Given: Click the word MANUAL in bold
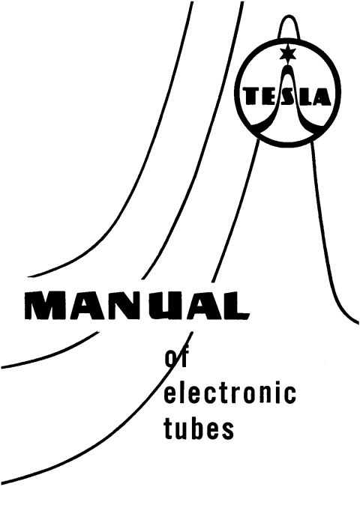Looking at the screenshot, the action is [x=136, y=305].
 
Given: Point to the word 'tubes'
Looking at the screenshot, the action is [x=199, y=428].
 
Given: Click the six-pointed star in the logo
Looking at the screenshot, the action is [x=288, y=53].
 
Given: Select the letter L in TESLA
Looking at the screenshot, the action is [x=302, y=97].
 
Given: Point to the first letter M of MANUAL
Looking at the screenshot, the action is [x=45, y=305].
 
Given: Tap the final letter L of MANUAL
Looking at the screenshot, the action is [x=235, y=305].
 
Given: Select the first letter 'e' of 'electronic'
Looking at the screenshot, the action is [x=170, y=395].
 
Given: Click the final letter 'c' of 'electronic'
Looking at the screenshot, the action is [x=289, y=395].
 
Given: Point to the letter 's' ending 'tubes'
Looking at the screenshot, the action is [x=228, y=431].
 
